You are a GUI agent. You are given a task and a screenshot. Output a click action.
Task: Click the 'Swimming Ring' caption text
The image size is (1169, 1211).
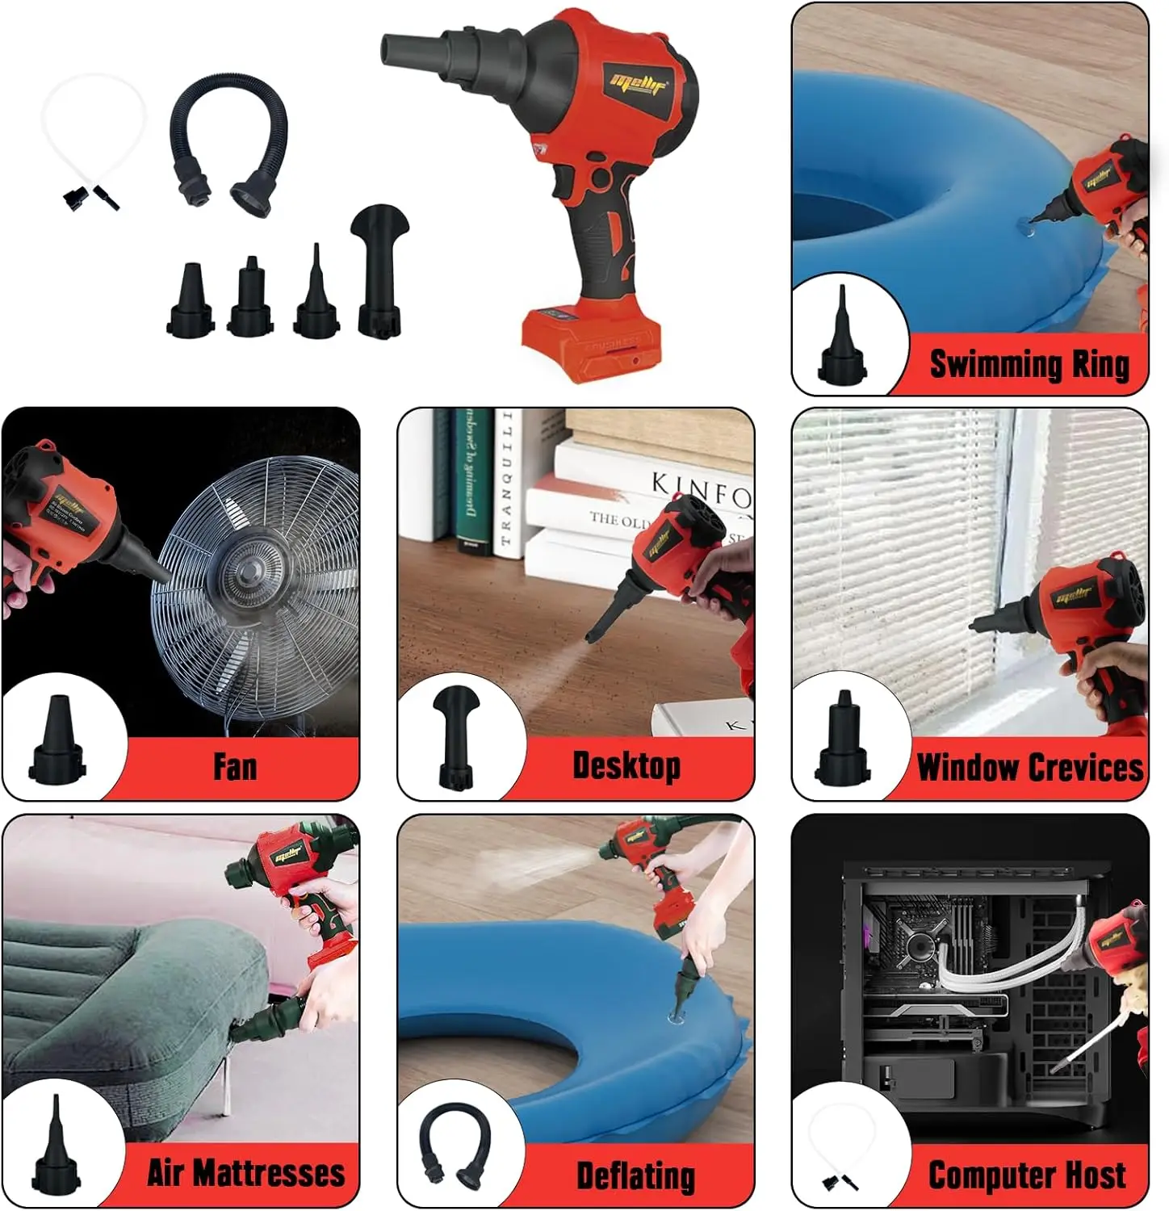[1029, 364]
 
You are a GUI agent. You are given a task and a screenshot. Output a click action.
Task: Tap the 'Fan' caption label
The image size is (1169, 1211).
[235, 766]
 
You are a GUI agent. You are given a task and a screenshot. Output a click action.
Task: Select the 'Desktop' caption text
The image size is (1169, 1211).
[626, 765]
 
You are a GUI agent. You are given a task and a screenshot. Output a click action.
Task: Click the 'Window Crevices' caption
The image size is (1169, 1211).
[1030, 767]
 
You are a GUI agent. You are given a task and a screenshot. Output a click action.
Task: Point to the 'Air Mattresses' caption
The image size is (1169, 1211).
[245, 1173]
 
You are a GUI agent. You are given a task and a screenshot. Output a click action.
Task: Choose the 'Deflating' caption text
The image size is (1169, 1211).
[635, 1175]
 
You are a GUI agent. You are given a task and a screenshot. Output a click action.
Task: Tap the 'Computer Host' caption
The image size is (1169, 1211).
[1027, 1175]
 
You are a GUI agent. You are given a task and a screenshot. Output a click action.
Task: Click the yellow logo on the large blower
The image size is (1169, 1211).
[639, 83]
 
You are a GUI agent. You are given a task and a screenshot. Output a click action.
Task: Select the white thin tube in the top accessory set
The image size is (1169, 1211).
[93, 137]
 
